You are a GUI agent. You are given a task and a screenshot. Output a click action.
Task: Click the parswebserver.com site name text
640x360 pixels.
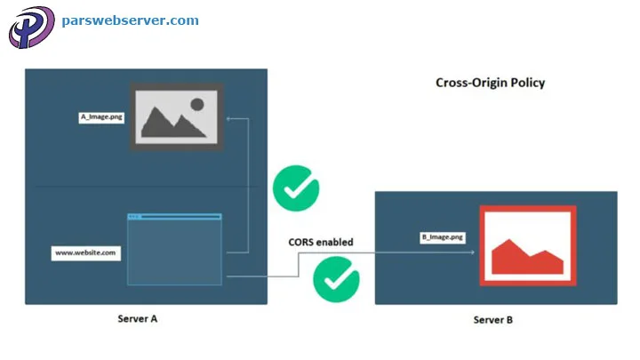click(x=130, y=20)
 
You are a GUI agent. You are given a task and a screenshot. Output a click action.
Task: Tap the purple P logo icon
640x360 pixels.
click(x=30, y=27)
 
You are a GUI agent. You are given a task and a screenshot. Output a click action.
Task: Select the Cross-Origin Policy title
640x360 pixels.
click(x=490, y=83)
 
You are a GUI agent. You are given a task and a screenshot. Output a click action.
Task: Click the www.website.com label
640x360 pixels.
click(x=84, y=252)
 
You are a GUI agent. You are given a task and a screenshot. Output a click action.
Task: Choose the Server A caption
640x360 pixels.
click(x=139, y=318)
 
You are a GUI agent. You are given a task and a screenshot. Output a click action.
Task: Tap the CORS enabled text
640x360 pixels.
click(x=320, y=242)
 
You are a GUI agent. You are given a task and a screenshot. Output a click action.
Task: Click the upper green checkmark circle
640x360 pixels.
click(x=295, y=188)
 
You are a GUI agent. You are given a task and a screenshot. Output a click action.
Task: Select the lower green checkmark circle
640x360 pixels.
click(x=336, y=279)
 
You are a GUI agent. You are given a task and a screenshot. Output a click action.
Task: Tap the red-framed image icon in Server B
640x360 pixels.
click(x=527, y=244)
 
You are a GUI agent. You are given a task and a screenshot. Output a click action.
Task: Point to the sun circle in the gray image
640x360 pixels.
click(x=196, y=104)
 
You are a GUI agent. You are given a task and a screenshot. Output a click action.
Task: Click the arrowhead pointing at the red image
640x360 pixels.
click(x=468, y=252)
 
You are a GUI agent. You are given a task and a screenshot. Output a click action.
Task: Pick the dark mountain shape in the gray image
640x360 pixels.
click(x=169, y=123)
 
